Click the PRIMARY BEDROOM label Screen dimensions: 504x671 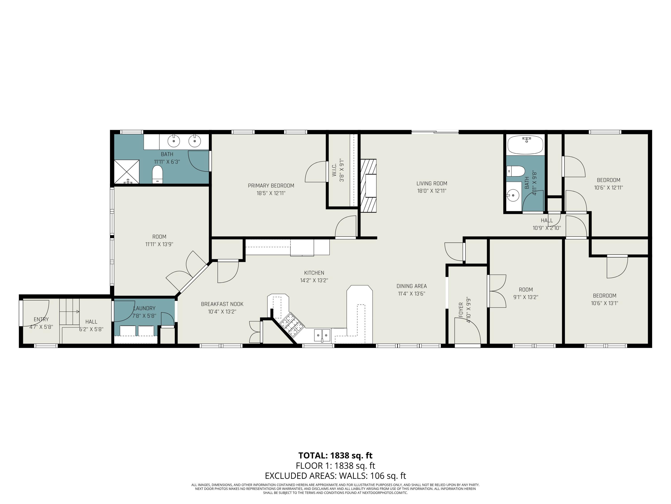coord(271,186)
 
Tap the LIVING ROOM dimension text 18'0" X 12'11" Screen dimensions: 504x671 coord(432,191)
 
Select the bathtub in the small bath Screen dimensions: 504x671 coord(525,145)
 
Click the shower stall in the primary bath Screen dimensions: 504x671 coord(127,172)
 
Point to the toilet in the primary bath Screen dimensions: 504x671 coord(157,174)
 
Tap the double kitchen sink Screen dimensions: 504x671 coord(322,335)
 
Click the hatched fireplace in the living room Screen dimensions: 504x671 coord(368,186)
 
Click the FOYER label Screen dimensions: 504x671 coord(461,310)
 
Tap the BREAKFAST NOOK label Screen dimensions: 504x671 coord(222,304)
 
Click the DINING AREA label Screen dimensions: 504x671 coord(411,286)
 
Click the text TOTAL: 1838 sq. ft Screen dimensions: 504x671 coord(335,456)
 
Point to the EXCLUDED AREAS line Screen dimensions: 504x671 coord(335,476)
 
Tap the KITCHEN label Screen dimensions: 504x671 coord(314,273)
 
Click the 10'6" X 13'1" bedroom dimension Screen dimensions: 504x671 coord(604,303)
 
